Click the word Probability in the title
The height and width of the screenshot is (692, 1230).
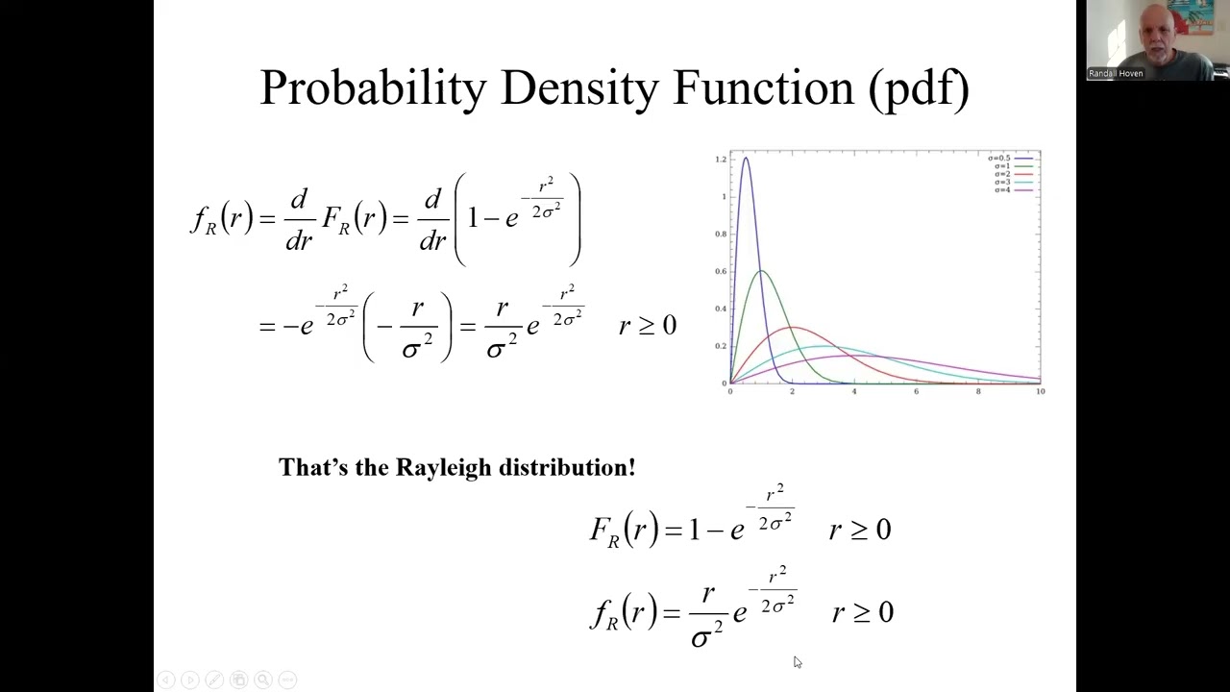(373, 88)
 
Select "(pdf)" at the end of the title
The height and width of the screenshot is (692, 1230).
(919, 88)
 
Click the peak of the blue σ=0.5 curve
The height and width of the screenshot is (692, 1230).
(746, 159)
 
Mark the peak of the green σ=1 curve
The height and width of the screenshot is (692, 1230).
(761, 271)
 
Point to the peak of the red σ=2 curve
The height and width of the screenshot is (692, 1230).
(792, 328)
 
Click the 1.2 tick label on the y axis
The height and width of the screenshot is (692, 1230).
(721, 160)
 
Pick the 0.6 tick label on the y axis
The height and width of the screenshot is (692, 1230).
(721, 272)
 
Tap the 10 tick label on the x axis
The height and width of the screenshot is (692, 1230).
(1041, 392)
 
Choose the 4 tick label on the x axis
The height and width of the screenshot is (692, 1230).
(854, 392)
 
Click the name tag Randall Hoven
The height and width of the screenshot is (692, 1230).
(1116, 73)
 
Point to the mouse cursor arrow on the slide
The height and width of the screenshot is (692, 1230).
(797, 661)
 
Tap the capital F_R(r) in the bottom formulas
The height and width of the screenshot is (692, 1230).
(623, 531)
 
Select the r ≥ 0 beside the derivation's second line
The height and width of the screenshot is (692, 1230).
(648, 326)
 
